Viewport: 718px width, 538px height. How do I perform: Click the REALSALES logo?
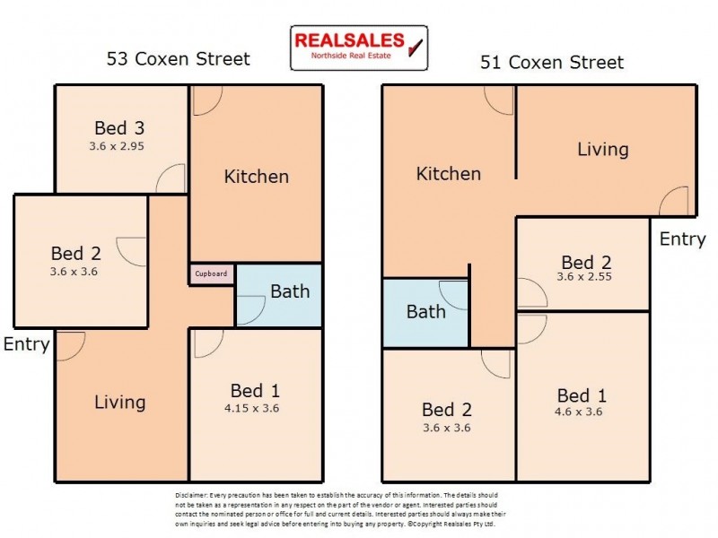click(x=359, y=47)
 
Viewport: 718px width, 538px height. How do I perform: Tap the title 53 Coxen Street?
click(x=178, y=59)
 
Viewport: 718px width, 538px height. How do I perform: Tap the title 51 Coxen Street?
click(x=551, y=62)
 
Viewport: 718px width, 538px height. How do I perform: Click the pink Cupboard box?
click(x=212, y=273)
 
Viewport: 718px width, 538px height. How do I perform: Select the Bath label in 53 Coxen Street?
click(x=290, y=291)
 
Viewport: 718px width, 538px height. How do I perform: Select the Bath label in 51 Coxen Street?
click(x=425, y=312)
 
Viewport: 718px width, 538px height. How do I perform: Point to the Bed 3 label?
click(x=121, y=127)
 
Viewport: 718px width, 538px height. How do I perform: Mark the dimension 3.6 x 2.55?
click(x=585, y=277)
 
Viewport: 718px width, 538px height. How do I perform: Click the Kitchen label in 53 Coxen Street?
click(x=256, y=176)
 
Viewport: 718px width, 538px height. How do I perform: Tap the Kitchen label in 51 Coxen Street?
click(x=449, y=174)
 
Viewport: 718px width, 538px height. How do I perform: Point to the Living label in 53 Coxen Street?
click(x=120, y=402)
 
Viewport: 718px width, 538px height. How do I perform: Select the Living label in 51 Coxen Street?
click(x=602, y=149)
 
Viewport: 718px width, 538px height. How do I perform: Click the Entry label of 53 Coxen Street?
click(x=26, y=344)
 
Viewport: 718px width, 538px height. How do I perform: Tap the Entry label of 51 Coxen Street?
click(x=683, y=239)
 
